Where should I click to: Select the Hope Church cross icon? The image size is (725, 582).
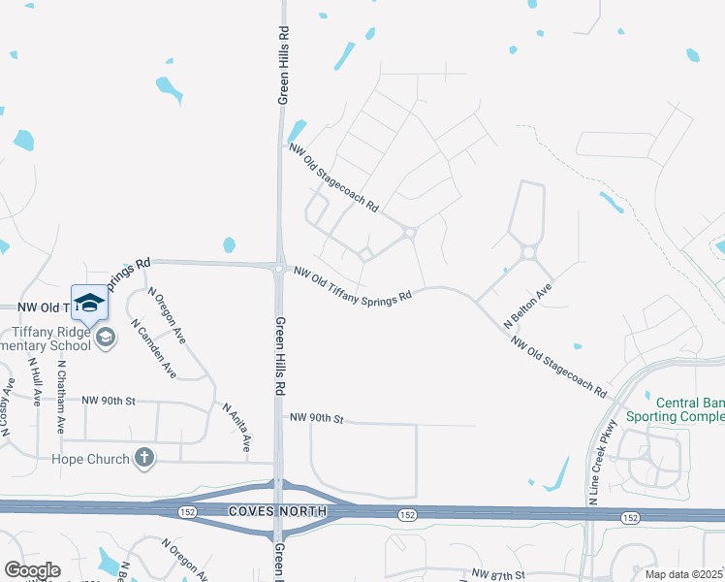[144, 458]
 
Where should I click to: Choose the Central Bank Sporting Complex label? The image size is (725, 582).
[689, 409]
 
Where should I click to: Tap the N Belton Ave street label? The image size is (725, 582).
[527, 307]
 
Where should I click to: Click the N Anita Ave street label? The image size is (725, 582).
[237, 428]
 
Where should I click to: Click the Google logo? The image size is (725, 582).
[31, 570]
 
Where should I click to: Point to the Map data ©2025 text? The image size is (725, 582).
[684, 574]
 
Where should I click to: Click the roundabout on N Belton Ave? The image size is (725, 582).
[528, 252]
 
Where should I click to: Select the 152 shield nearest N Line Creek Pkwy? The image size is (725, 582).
[630, 519]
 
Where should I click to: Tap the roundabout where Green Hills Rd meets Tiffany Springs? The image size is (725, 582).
[278, 269]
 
